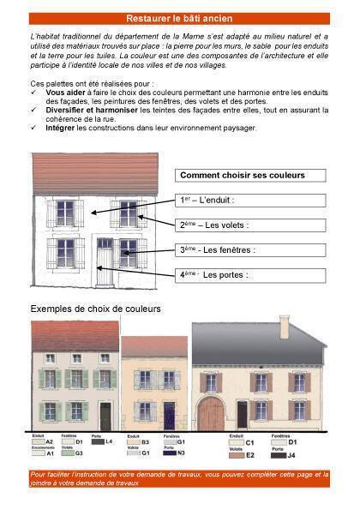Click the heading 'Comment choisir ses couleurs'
pos(243,176)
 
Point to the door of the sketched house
pos(105,261)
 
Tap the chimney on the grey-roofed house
pos(284,327)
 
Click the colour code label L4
pos(109,442)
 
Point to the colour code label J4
pos(291,456)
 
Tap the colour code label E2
pos(250,456)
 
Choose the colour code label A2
pos(50,442)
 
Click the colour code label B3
pos(146,442)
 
